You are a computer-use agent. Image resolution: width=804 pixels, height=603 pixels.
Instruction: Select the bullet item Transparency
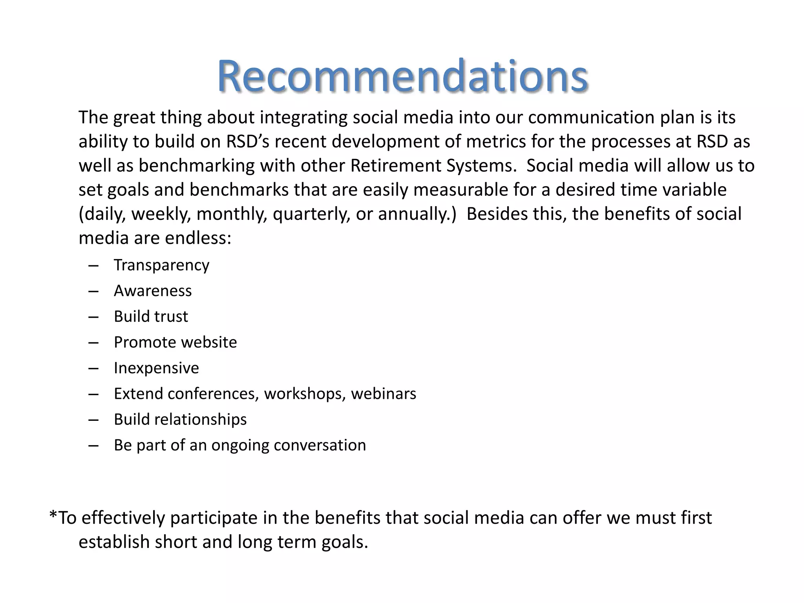pyautogui.click(x=161, y=265)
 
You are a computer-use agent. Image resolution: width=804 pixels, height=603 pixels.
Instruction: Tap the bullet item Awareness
pyautogui.click(x=153, y=291)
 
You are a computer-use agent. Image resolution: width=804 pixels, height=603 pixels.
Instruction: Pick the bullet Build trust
pyautogui.click(x=151, y=316)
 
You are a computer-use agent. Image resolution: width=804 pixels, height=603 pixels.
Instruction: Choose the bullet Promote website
pyautogui.click(x=175, y=342)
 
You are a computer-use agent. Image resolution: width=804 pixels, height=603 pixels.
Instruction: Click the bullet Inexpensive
pyautogui.click(x=156, y=368)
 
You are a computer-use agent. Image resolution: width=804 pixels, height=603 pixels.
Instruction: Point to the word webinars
pyautogui.click(x=383, y=394)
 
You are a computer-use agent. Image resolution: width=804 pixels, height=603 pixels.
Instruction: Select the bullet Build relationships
pyautogui.click(x=180, y=419)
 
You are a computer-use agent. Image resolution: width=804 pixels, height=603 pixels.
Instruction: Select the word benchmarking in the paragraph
pyautogui.click(x=196, y=166)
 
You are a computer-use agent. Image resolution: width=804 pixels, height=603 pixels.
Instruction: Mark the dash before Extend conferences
pyautogui.click(x=93, y=394)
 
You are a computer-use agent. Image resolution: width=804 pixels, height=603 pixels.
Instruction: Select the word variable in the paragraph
pyautogui.click(x=694, y=190)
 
